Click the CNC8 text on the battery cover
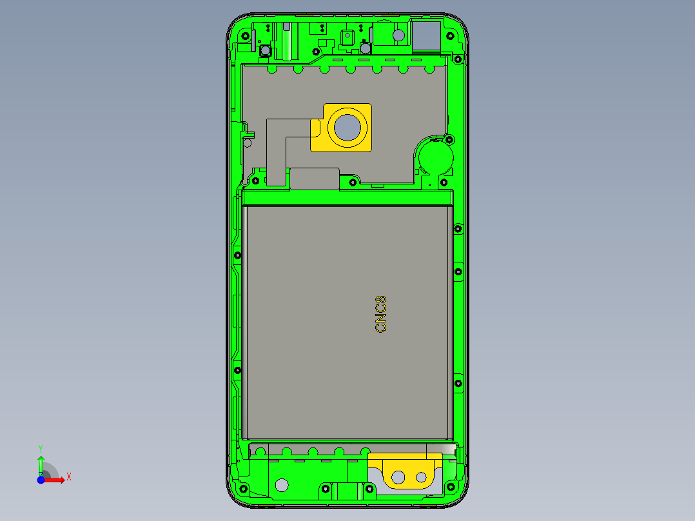click(x=381, y=314)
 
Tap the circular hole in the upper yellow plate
click(x=348, y=128)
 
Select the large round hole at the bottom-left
click(x=282, y=484)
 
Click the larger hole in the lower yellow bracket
click(x=398, y=477)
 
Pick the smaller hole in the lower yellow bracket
click(x=422, y=478)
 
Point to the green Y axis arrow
click(x=41, y=462)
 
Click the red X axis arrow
click(x=56, y=478)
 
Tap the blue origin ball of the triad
click(x=41, y=479)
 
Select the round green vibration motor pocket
click(x=435, y=156)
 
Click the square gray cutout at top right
click(x=426, y=36)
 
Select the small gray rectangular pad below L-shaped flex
click(x=315, y=179)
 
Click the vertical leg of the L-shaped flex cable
click(x=277, y=155)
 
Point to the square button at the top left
click(x=264, y=50)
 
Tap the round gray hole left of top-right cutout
click(x=398, y=35)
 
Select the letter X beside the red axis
click(x=69, y=477)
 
